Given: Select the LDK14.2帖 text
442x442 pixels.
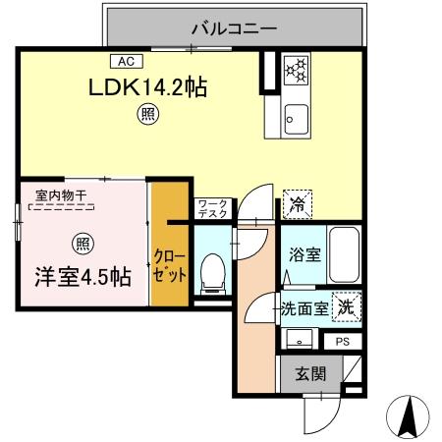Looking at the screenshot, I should point(149,87).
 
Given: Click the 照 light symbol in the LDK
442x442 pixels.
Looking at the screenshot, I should point(143,115).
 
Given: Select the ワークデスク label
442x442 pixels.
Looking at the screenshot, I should point(212,207).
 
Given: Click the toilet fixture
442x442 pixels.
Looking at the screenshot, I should point(209,273).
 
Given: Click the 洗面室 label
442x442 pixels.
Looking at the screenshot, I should point(304,307).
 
